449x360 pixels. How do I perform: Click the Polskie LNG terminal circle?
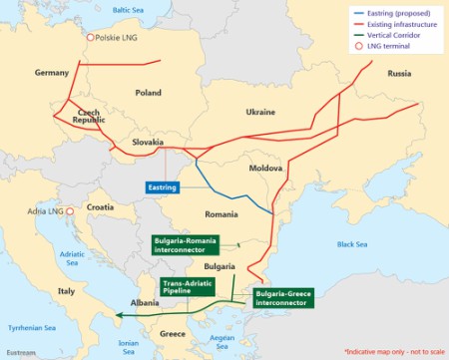tap(91, 38)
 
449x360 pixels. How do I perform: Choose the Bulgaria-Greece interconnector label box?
tap(282, 297)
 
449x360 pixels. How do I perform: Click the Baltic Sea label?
tap(129, 9)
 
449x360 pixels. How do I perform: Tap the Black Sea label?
tap(352, 244)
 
